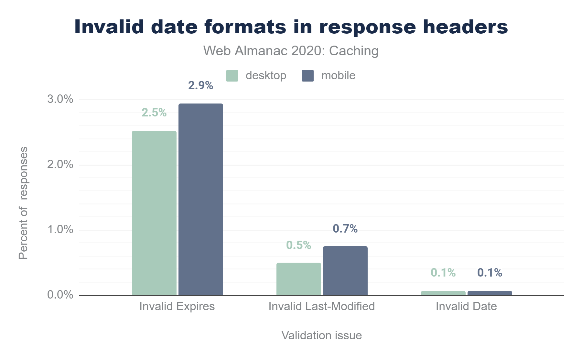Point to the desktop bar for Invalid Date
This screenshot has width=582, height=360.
[x=443, y=293]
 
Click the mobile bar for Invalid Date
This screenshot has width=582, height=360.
[x=490, y=293]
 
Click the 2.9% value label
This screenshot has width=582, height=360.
[x=201, y=85]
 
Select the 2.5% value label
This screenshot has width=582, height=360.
[x=154, y=113]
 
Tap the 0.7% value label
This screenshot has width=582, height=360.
[x=345, y=229]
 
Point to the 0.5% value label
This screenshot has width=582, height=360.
[x=299, y=245]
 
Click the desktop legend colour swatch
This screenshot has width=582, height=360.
[x=232, y=76]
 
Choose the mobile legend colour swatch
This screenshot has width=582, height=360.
[x=308, y=76]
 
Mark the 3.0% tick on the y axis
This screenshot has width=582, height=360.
[x=60, y=99]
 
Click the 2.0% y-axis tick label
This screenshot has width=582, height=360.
[x=60, y=164]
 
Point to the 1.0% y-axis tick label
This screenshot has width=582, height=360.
[x=60, y=230]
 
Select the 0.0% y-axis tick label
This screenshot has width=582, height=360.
[x=60, y=295]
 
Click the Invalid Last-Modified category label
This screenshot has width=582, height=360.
[x=322, y=306]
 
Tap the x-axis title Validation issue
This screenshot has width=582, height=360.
[x=322, y=335]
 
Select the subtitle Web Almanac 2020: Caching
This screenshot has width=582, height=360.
[x=291, y=51]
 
